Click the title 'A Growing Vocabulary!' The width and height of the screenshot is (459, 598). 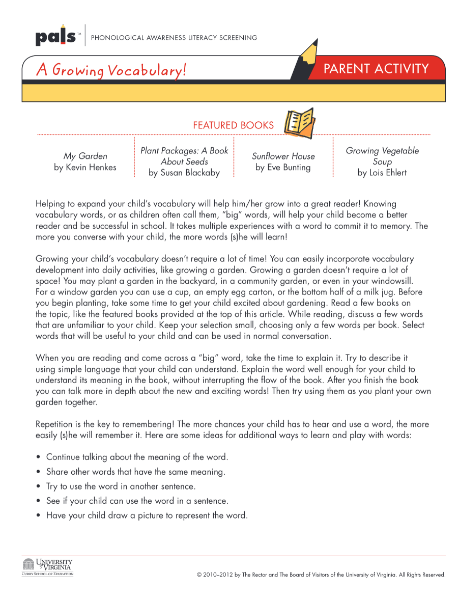click(111, 69)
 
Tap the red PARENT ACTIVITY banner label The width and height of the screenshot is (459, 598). click(376, 68)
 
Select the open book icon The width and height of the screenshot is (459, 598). click(299, 123)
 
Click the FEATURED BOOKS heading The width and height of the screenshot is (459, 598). click(233, 125)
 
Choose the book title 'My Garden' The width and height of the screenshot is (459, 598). click(85, 156)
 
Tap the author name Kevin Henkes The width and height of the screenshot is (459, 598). click(85, 167)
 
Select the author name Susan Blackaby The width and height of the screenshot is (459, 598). click(184, 173)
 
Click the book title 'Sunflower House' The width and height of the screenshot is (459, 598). click(283, 156)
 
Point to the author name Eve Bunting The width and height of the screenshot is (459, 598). click(283, 168)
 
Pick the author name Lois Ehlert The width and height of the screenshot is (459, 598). click(382, 173)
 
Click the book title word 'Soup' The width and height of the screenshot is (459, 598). click(382, 161)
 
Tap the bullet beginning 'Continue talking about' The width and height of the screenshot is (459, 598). click(137, 457)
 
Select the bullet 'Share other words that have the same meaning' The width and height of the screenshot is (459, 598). click(135, 472)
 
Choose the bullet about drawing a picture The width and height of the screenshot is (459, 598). click(147, 515)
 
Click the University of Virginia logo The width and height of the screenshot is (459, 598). click(48, 566)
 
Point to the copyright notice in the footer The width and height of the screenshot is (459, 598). click(321, 575)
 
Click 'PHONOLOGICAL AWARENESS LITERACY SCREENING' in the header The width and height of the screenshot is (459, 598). click(174, 38)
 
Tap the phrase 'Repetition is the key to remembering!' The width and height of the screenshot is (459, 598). click(105, 424)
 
